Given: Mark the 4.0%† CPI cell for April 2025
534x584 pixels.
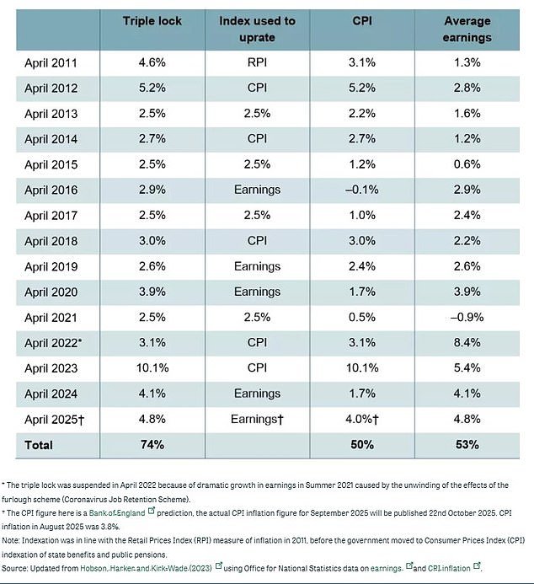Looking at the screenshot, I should pyautogui.click(x=366, y=419).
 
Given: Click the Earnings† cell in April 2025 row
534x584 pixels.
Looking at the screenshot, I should pyautogui.click(x=259, y=419).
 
